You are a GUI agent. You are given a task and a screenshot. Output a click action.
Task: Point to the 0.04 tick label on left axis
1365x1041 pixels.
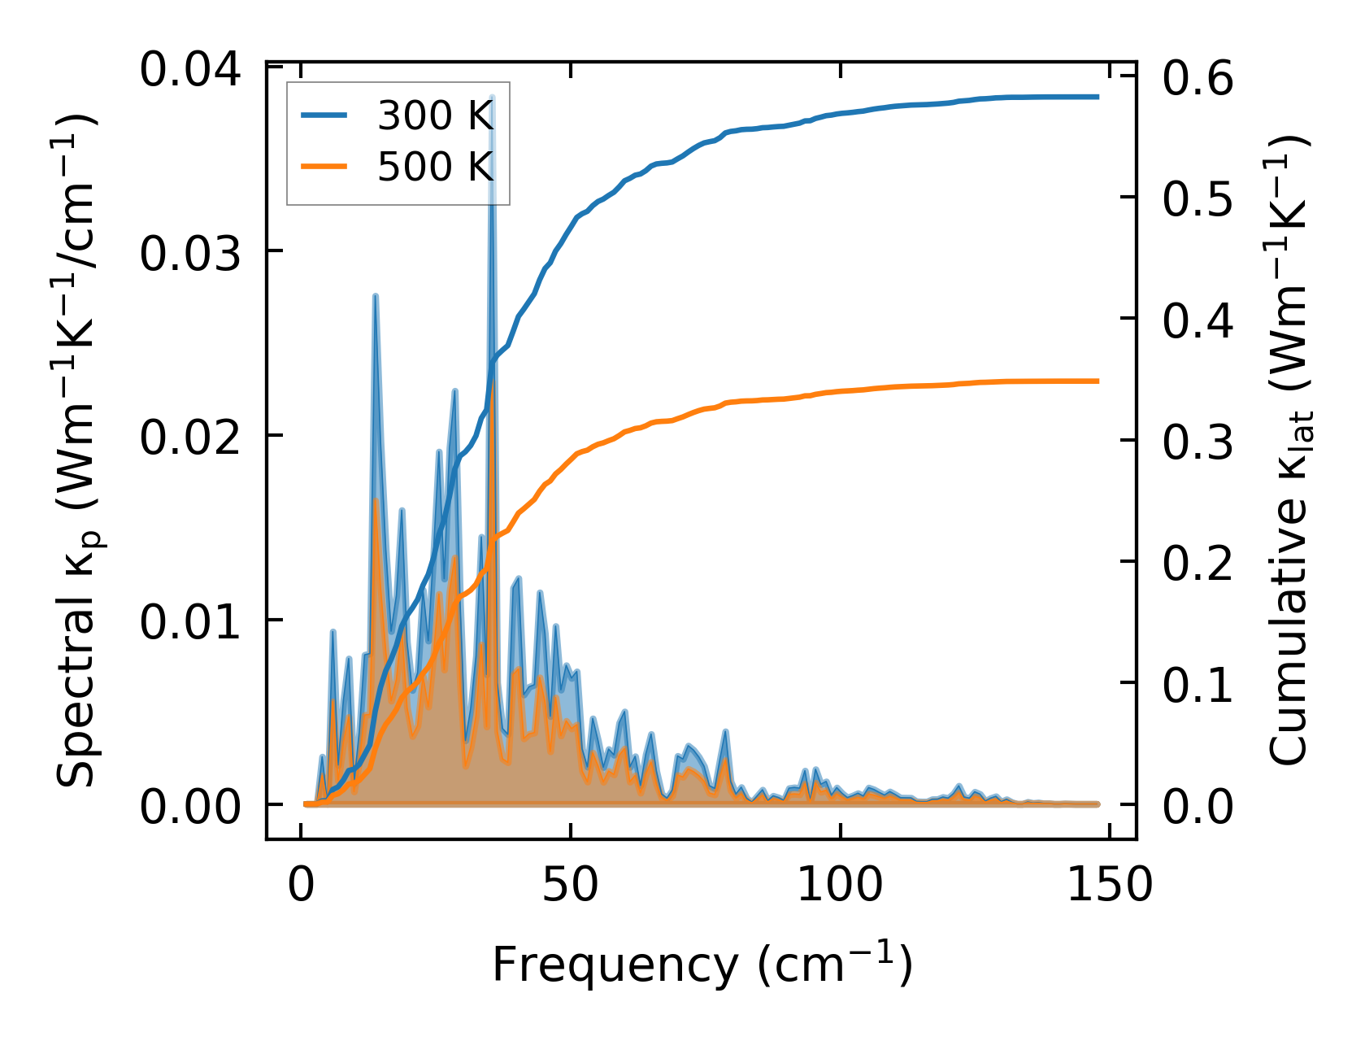click(x=190, y=70)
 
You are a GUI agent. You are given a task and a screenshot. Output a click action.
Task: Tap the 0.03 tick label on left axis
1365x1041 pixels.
click(x=190, y=255)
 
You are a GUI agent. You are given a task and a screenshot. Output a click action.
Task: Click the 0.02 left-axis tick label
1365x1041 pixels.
click(x=190, y=439)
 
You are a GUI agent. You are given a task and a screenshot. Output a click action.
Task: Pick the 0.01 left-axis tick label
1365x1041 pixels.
click(x=190, y=624)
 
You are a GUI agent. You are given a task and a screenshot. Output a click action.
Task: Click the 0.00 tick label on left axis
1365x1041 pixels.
click(x=190, y=808)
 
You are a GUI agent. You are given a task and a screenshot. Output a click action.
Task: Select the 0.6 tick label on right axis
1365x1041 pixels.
click(x=1198, y=79)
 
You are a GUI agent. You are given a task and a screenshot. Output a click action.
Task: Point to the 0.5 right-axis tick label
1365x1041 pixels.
click(x=1198, y=200)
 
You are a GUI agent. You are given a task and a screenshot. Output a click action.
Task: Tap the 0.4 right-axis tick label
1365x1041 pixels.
click(x=1198, y=321)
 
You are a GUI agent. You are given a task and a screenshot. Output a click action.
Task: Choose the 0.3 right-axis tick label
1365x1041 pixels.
click(x=1198, y=443)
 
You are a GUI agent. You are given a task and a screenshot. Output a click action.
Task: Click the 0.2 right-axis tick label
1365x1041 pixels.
click(x=1198, y=564)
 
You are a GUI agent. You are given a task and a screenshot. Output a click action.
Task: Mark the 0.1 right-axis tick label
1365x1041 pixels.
click(x=1198, y=686)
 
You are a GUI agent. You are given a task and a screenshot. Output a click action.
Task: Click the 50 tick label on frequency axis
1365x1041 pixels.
click(x=571, y=885)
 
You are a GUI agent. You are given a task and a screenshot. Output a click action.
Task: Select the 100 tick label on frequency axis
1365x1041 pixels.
click(x=839, y=885)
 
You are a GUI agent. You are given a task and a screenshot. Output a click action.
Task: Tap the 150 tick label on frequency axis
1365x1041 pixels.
click(x=1109, y=885)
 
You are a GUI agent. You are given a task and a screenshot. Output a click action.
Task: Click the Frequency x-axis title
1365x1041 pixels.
click(x=702, y=965)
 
